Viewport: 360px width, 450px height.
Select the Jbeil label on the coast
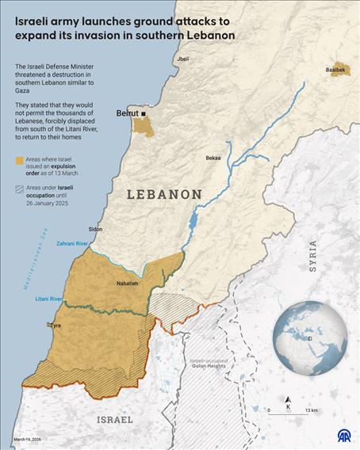point(183,59)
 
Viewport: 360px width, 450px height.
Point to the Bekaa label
point(213,158)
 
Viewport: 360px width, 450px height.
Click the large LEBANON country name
point(164,194)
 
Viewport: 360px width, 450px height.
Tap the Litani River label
point(49,299)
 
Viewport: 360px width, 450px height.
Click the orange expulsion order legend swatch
point(18,161)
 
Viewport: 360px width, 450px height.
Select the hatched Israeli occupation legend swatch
point(18,189)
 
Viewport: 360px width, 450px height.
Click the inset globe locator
point(310,337)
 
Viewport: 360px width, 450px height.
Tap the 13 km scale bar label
point(311,410)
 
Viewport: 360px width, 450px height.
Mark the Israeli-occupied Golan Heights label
point(208,364)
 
